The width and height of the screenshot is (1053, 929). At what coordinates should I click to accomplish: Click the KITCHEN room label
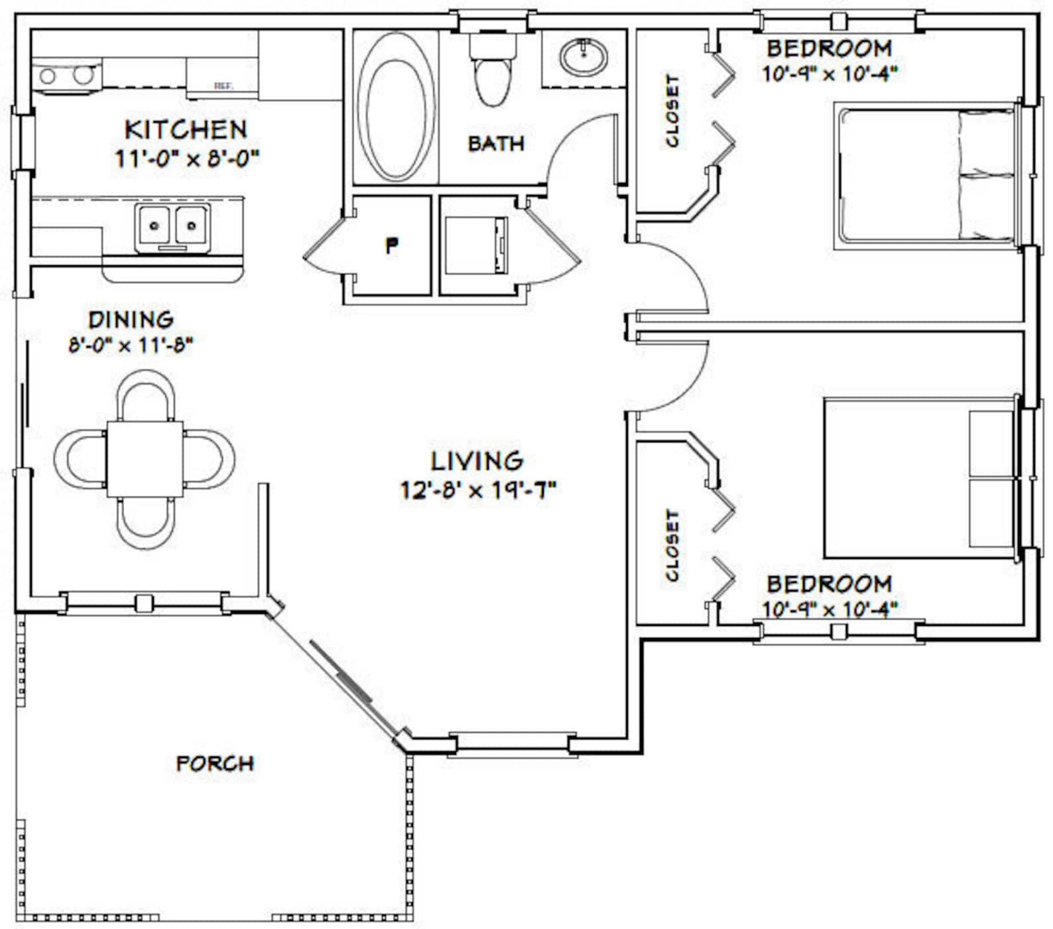coord(186,129)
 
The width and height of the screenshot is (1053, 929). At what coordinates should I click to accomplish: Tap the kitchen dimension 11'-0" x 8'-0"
coord(186,158)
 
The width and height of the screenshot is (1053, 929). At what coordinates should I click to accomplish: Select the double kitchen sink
coord(172,227)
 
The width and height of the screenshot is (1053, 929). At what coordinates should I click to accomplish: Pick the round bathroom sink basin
coord(583,57)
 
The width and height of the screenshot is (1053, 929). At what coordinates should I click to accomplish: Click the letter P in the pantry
coord(392,246)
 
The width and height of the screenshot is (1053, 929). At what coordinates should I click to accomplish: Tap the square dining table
coord(145,459)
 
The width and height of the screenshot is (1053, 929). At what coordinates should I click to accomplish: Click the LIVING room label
coord(477,460)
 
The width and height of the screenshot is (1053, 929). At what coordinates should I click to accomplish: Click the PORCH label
coord(215,763)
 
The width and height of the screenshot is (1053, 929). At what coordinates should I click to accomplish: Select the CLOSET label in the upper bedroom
coord(672,111)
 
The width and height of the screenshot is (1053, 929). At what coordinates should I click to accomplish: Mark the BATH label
coord(495,143)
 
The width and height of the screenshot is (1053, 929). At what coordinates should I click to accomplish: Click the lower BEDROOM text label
coord(829,584)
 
